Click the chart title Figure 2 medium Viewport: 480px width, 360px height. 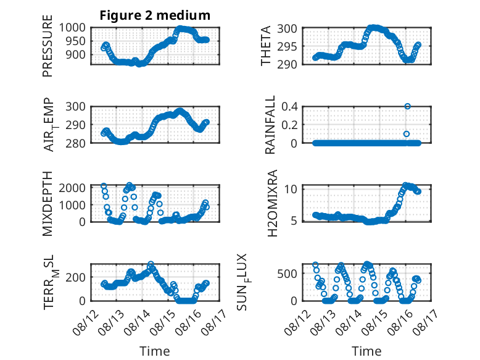point(155,15)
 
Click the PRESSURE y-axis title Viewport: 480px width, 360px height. point(48,46)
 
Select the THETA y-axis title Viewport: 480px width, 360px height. point(266,46)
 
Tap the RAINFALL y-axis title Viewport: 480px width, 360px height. point(270,125)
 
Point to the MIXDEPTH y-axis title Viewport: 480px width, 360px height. point(48,204)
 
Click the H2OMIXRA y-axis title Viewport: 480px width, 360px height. point(272,203)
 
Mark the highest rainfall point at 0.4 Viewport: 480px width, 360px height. point(407,106)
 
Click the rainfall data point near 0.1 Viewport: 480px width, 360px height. point(407,134)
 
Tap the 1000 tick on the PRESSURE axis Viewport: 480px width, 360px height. point(72,28)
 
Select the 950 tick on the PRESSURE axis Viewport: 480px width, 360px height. point(75,41)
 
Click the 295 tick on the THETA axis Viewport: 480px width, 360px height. point(287,46)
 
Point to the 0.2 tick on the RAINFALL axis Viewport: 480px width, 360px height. point(289,125)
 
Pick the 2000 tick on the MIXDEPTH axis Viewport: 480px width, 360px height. point(72,188)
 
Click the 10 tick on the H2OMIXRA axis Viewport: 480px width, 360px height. point(291,189)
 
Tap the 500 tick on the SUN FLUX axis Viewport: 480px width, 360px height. point(287,274)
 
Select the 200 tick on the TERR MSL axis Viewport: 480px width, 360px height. point(75,277)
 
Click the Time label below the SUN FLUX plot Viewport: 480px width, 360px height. point(366,351)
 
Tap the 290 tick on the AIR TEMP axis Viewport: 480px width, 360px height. point(75,125)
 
